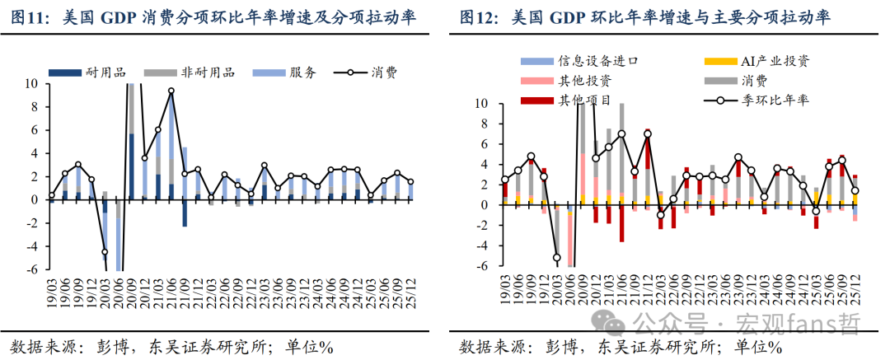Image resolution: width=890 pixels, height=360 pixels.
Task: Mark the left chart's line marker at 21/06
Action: coord(171,91)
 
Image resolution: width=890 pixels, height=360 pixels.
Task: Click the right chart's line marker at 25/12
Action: coord(855,191)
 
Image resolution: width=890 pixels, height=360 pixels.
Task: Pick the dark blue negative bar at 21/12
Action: coord(185,213)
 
